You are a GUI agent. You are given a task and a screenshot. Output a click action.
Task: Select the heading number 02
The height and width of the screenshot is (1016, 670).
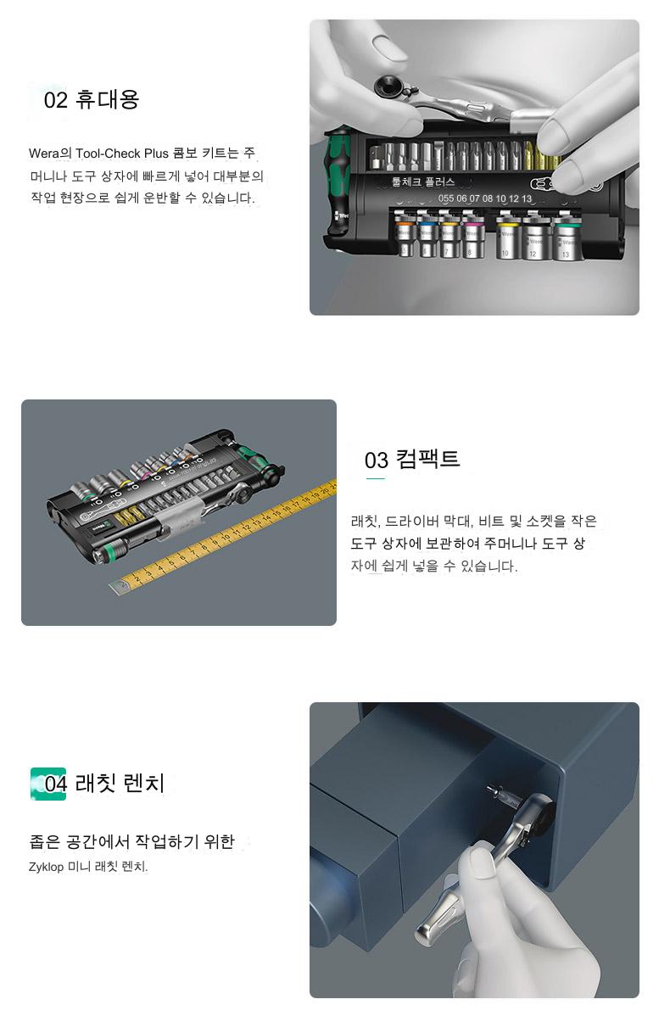pos(56,100)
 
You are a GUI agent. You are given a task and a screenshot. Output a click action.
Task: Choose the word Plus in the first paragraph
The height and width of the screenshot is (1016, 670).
pos(156,154)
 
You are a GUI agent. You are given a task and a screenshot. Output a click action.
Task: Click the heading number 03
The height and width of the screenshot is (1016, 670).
pos(376,461)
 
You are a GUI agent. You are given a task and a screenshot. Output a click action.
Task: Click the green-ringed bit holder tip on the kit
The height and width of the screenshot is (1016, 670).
pos(103,553)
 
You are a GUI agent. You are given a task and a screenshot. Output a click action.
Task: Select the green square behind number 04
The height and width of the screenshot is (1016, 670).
pos(48,784)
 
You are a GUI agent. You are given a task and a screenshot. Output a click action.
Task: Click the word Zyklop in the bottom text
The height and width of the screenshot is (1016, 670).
pos(46,867)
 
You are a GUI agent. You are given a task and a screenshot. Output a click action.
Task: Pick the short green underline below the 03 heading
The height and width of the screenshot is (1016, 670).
pos(375,479)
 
